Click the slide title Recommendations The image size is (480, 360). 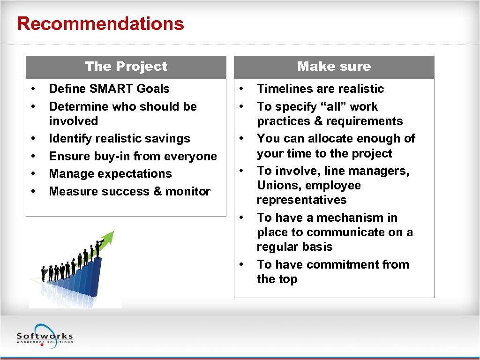click(100, 24)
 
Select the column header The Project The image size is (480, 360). click(126, 67)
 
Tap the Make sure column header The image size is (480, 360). click(334, 67)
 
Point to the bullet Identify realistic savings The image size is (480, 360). click(120, 139)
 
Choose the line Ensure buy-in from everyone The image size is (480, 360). click(133, 156)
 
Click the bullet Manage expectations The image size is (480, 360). click(110, 173)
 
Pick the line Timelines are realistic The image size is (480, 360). click(320, 89)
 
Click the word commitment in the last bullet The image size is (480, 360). click(343, 264)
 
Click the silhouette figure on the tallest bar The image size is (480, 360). click(98, 248)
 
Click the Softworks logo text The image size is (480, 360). click(45, 336)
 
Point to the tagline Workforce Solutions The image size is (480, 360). click(45, 342)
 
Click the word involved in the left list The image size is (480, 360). click(74, 121)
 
